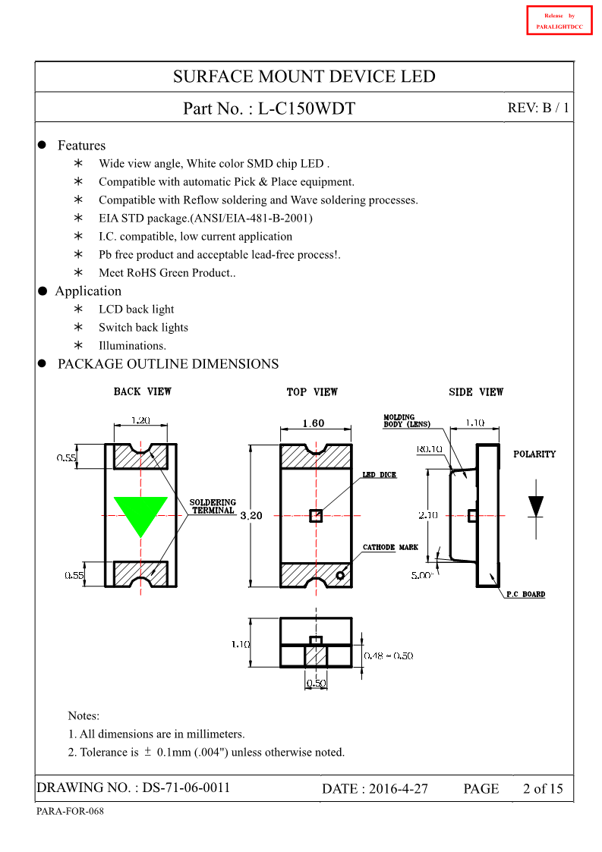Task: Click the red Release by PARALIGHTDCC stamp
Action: coord(559,20)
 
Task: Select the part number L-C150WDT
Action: coord(306,108)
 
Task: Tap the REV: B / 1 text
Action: coord(537,108)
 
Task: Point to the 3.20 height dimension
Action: coord(251,516)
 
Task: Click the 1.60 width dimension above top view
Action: coord(314,423)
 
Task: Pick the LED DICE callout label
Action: coord(379,475)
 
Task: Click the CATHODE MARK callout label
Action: coord(390,547)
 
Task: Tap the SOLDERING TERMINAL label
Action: coord(213,507)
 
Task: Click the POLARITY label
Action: coord(534,454)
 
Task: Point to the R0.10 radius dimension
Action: coord(430,449)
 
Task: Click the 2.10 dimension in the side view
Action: coord(430,515)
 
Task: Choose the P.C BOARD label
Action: coord(525,594)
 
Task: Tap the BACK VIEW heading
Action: coord(142,391)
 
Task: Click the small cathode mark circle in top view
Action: coord(340,575)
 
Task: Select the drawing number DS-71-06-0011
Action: coord(186,788)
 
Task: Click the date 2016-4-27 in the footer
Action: coord(398,789)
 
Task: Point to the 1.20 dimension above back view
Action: coord(140,420)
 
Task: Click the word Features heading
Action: coord(81,146)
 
